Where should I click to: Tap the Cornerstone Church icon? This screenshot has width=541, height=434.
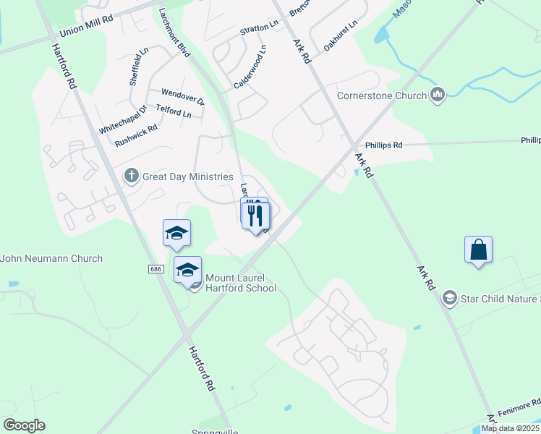437,95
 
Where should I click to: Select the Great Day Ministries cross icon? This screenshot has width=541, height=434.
131,176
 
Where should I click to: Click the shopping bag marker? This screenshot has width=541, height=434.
478,250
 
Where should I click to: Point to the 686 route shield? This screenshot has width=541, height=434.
156,269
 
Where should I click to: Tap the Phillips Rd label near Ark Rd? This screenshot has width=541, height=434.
383,145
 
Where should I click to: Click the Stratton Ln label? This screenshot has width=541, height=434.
259,28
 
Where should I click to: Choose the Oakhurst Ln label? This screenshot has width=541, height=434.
341,35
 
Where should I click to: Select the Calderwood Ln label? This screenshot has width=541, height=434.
250,67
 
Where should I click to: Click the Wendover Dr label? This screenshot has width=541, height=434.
183,93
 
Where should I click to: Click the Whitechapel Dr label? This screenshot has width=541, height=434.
123,119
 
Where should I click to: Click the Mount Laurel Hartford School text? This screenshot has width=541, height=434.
241,283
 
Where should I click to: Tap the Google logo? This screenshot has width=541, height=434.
24,425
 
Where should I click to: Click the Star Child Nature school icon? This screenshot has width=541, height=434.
449,298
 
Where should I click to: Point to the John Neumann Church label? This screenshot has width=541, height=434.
51,258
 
